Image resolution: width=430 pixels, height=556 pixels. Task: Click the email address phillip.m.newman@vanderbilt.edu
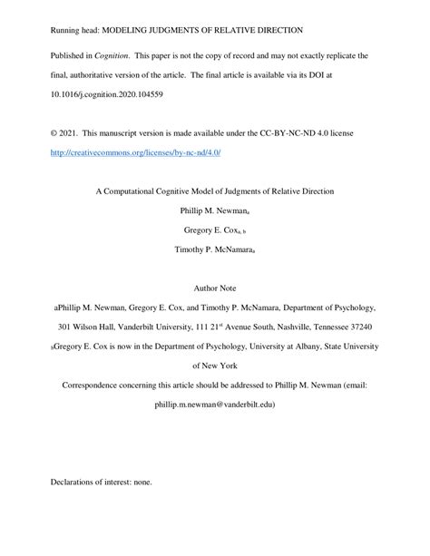click(215, 404)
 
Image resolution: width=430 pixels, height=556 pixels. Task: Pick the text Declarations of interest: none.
click(101, 482)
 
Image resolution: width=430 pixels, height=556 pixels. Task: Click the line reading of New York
click(215, 365)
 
